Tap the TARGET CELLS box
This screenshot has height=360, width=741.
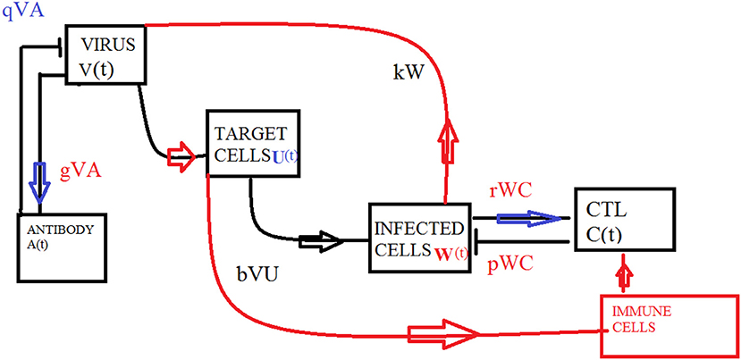[249, 143]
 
